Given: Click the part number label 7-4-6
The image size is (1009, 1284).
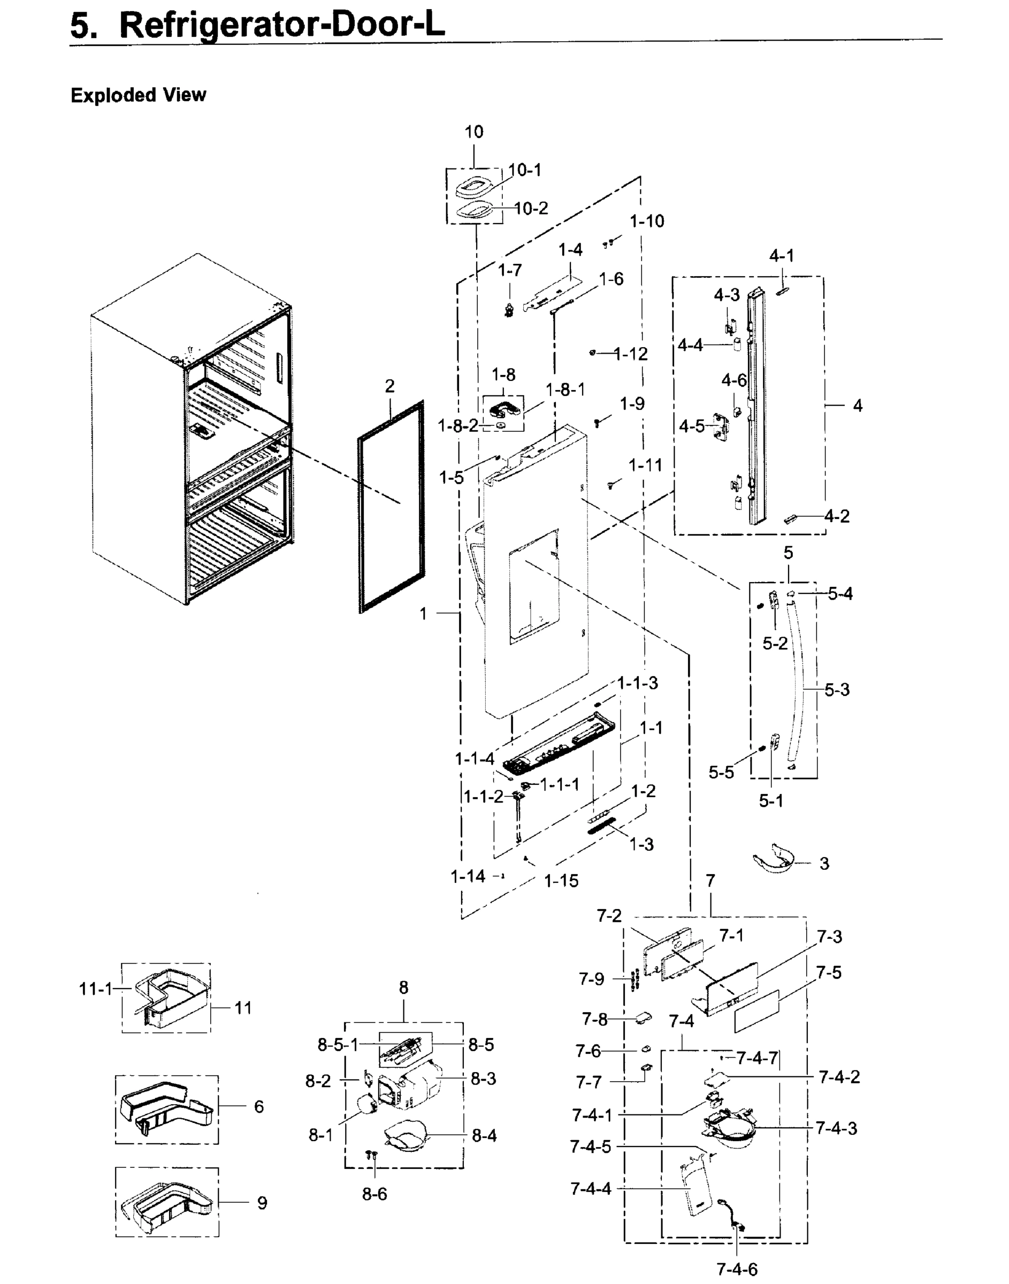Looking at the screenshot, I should tap(737, 1268).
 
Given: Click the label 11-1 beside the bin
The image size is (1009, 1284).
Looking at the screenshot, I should tap(95, 988).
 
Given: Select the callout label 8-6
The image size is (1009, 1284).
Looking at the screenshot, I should tap(374, 1194).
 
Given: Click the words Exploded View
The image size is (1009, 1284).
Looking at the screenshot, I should tap(138, 95).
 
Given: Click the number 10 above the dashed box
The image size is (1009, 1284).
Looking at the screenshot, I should tap(474, 132).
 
